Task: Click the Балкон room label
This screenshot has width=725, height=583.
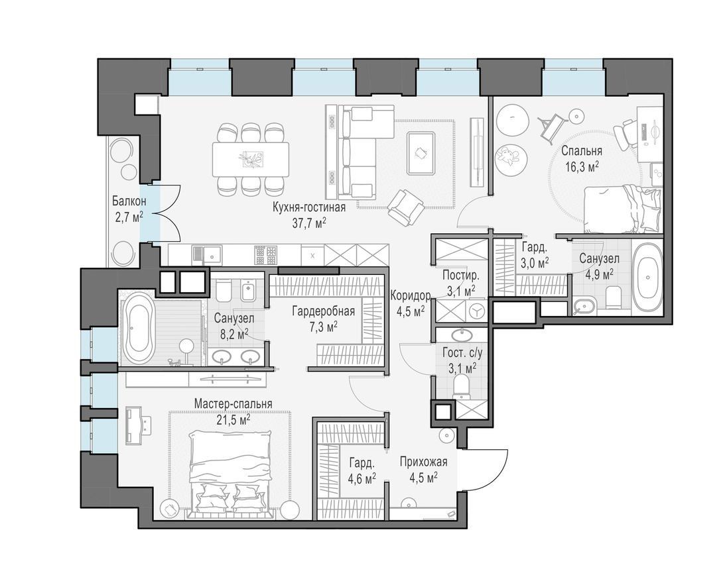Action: click(129, 201)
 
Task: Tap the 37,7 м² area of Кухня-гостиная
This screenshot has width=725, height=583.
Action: click(309, 223)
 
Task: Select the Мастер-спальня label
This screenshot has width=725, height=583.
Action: click(233, 403)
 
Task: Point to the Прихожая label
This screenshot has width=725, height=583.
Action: click(424, 462)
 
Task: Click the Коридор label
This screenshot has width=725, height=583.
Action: click(411, 295)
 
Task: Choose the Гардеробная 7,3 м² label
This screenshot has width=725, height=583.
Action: click(323, 311)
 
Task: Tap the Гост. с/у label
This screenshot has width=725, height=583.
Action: click(462, 353)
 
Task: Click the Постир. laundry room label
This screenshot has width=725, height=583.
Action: click(460, 276)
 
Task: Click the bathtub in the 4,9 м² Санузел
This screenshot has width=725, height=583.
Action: click(647, 277)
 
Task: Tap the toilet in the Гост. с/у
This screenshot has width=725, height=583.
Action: click(461, 386)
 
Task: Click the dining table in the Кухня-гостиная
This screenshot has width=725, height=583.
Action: click(251, 159)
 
